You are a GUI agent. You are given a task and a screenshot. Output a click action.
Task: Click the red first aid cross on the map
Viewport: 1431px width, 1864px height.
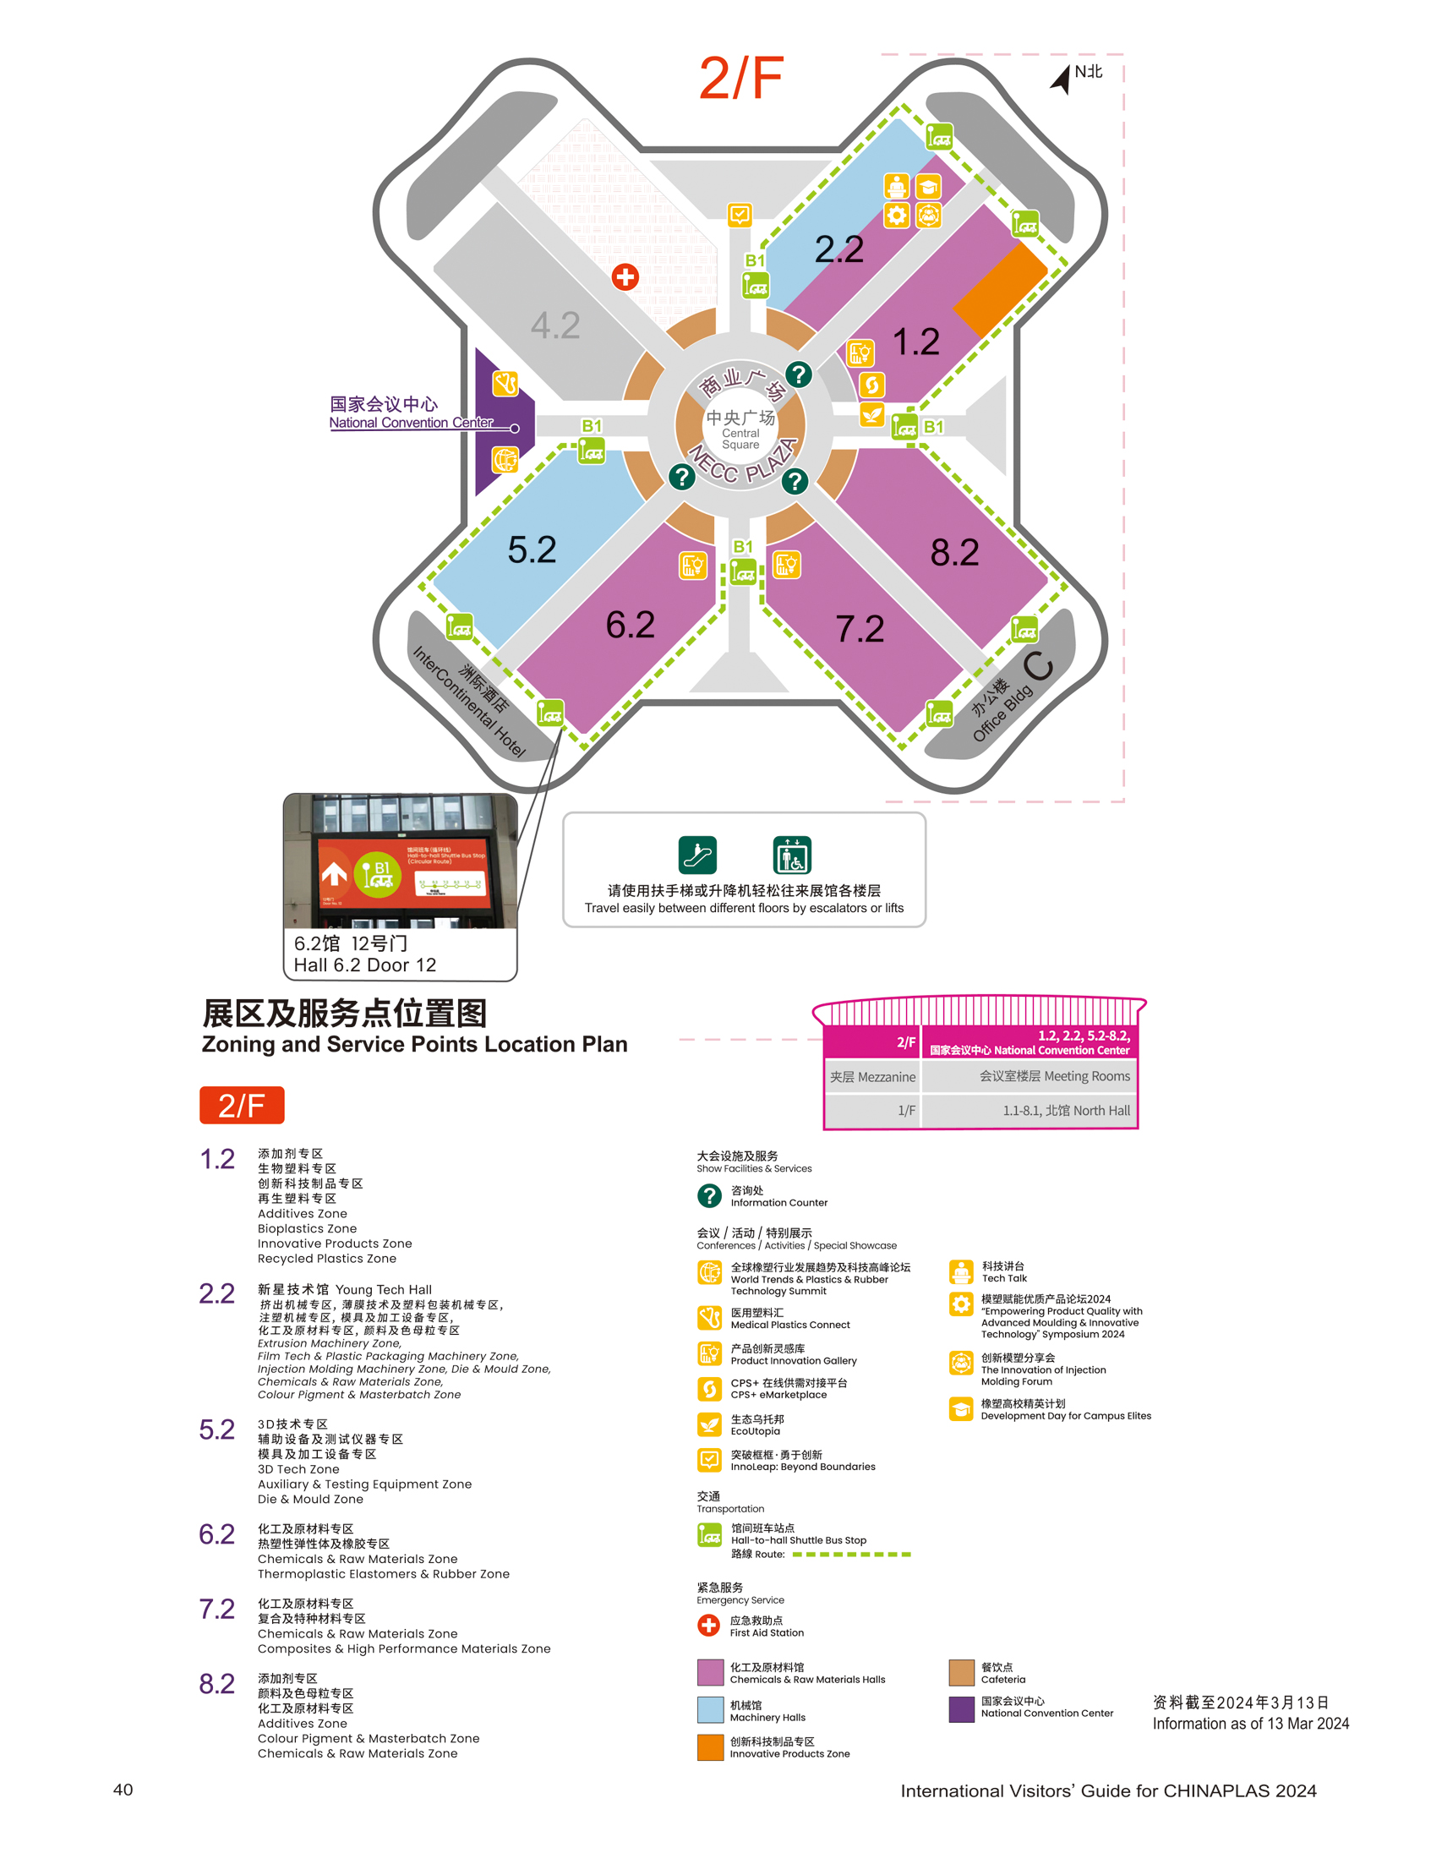(x=625, y=277)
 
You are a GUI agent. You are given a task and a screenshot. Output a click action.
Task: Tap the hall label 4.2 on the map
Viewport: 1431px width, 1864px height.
(x=555, y=325)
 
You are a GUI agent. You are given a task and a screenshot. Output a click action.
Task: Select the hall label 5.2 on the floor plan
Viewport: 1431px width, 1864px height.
(x=532, y=549)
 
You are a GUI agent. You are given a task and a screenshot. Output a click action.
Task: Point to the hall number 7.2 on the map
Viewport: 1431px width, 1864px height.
(x=860, y=629)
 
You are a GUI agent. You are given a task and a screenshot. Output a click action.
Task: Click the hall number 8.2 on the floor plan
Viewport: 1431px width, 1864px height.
(x=954, y=552)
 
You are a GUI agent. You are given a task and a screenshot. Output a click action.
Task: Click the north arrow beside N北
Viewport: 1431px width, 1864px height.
(x=1062, y=79)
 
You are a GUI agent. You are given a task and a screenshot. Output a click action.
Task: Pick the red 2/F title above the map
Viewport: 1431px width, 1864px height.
(x=740, y=79)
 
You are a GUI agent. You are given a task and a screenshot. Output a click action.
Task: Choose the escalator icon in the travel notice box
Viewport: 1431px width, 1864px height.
(x=697, y=855)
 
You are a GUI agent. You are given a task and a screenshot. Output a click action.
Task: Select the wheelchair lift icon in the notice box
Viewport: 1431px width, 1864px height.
(x=792, y=855)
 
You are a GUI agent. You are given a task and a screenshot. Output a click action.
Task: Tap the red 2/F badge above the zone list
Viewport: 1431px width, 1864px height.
(x=242, y=1105)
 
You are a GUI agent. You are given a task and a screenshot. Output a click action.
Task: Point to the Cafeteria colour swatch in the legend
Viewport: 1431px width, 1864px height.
(x=962, y=1672)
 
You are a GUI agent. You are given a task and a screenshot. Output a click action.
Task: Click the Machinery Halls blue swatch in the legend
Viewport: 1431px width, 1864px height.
(x=710, y=1710)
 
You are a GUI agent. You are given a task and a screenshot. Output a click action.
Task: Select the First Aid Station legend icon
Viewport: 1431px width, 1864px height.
(x=708, y=1626)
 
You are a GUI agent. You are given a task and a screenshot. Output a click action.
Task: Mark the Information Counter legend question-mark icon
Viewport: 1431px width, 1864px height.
(x=709, y=1196)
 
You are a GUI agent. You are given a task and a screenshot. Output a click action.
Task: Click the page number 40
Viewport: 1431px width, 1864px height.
(x=123, y=1789)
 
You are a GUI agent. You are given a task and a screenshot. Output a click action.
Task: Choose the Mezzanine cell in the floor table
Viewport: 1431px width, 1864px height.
(x=872, y=1077)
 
